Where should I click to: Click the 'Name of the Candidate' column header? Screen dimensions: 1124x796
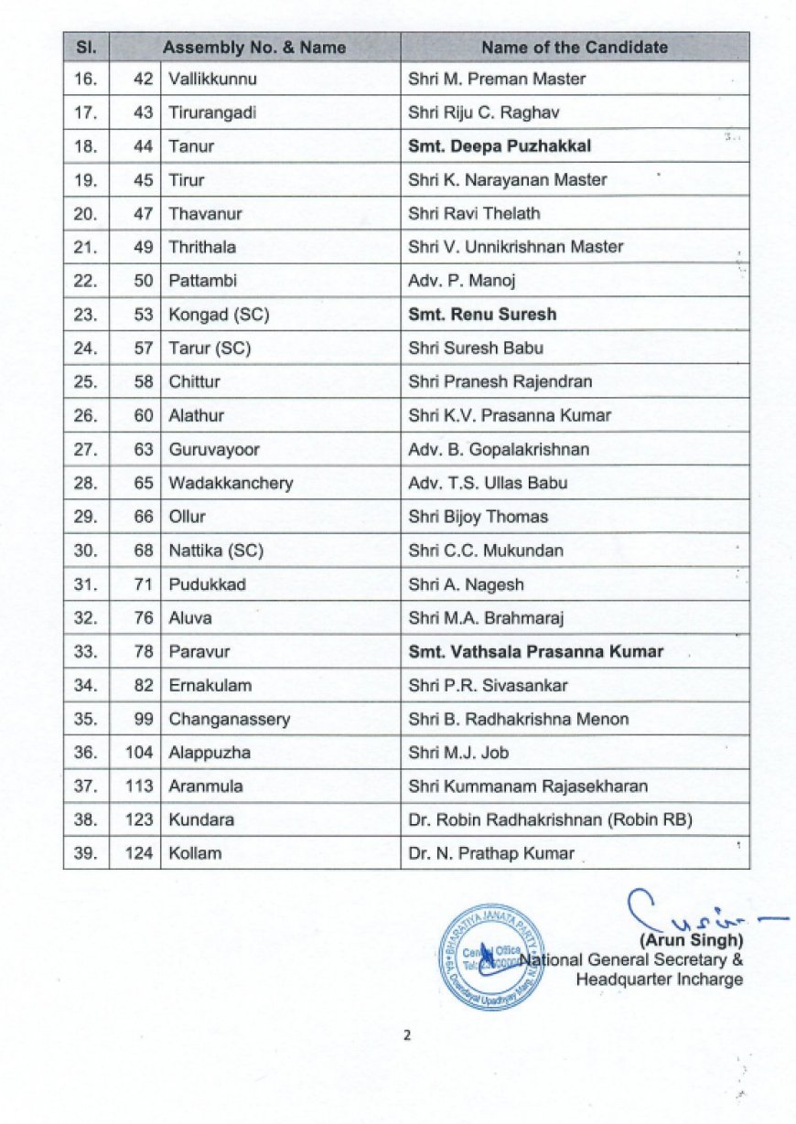(575, 47)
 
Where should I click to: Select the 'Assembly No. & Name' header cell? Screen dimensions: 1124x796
(253, 47)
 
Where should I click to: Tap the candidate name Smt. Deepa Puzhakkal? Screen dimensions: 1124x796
(500, 146)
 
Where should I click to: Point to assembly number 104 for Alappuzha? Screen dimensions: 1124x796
(139, 753)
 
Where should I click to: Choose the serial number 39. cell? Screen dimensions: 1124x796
(85, 853)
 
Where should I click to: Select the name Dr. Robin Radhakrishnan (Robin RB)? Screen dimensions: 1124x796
(550, 819)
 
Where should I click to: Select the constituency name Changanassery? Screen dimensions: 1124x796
(229, 719)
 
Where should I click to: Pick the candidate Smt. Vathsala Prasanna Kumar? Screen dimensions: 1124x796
(535, 652)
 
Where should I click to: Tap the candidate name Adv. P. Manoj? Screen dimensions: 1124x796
(462, 281)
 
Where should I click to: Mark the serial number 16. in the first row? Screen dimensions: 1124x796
(85, 79)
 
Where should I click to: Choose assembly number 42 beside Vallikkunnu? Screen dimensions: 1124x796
(143, 79)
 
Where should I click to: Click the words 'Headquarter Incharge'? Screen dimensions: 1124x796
(659, 979)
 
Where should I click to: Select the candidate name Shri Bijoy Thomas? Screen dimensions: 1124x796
(478, 517)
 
